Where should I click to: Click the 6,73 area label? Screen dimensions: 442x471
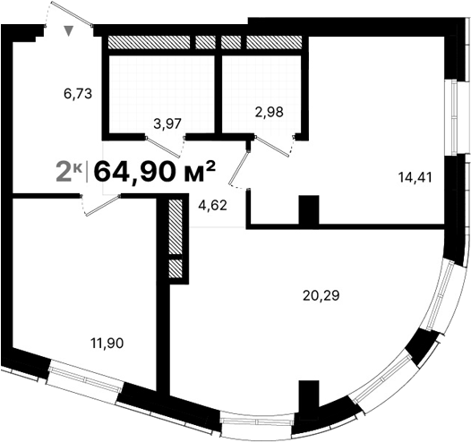[x=79, y=91]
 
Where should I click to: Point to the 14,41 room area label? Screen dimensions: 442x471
[x=415, y=176]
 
